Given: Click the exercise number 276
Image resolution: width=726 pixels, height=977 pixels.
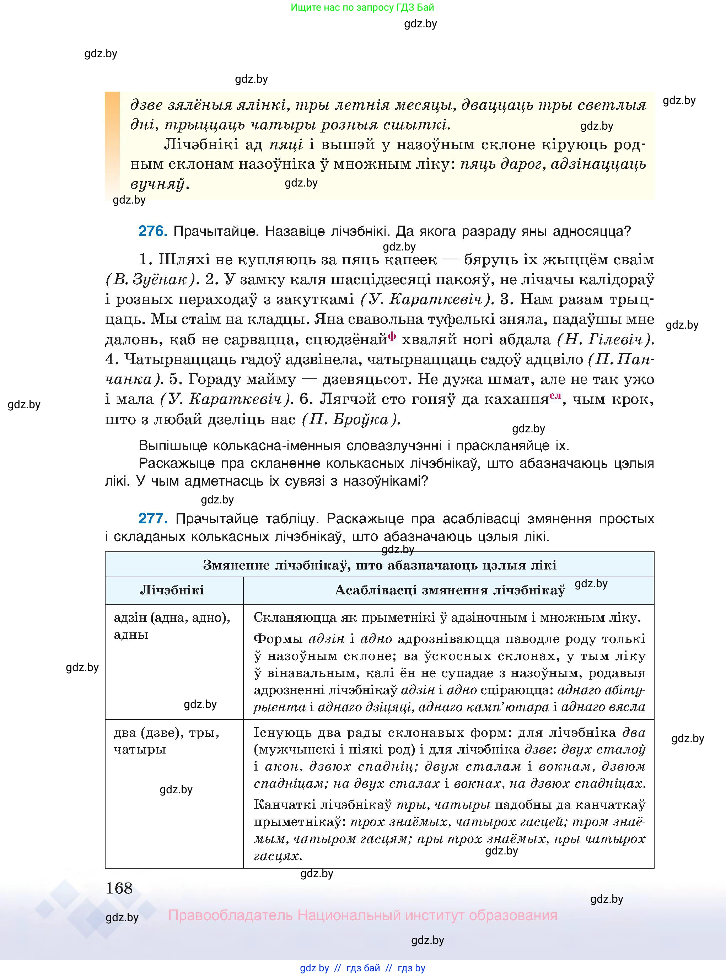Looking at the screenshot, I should [152, 231].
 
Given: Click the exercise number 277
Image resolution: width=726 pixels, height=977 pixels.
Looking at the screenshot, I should [152, 518].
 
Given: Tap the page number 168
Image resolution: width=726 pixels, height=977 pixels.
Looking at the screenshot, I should [119, 888].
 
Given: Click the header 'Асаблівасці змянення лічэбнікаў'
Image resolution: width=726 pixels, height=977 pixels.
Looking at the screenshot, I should [449, 590].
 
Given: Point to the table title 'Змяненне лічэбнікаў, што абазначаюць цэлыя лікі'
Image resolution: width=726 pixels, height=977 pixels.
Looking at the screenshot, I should [379, 565].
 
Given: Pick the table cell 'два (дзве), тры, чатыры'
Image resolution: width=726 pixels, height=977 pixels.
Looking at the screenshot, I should [166, 741].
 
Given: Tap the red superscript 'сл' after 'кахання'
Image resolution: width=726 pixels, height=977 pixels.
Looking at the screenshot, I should [555, 395].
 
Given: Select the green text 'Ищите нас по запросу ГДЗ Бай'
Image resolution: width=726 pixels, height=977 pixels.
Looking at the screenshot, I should [362, 7].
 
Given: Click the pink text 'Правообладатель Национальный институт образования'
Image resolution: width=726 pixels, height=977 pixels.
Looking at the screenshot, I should [362, 916].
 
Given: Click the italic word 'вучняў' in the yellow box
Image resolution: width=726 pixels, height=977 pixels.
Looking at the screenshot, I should [157, 184].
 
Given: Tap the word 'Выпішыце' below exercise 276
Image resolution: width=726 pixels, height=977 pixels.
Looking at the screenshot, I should [173, 446].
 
